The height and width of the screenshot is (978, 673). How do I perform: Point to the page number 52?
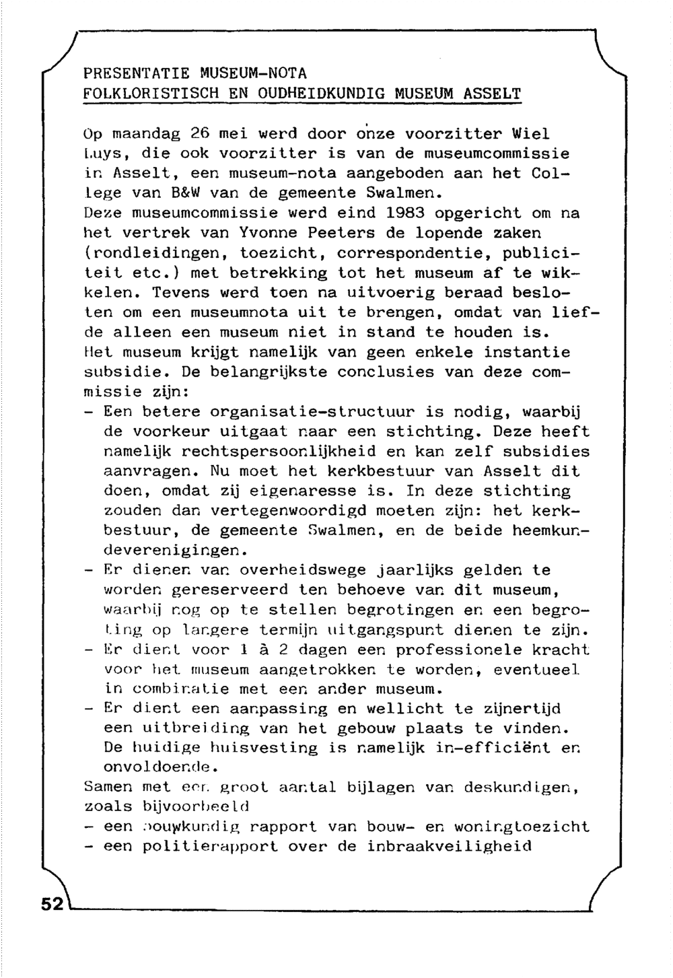51,903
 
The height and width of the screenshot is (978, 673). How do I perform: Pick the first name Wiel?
530,134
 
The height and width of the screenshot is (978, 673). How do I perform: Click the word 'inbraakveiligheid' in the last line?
449,847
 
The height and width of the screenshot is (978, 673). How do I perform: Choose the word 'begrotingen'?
395,610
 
